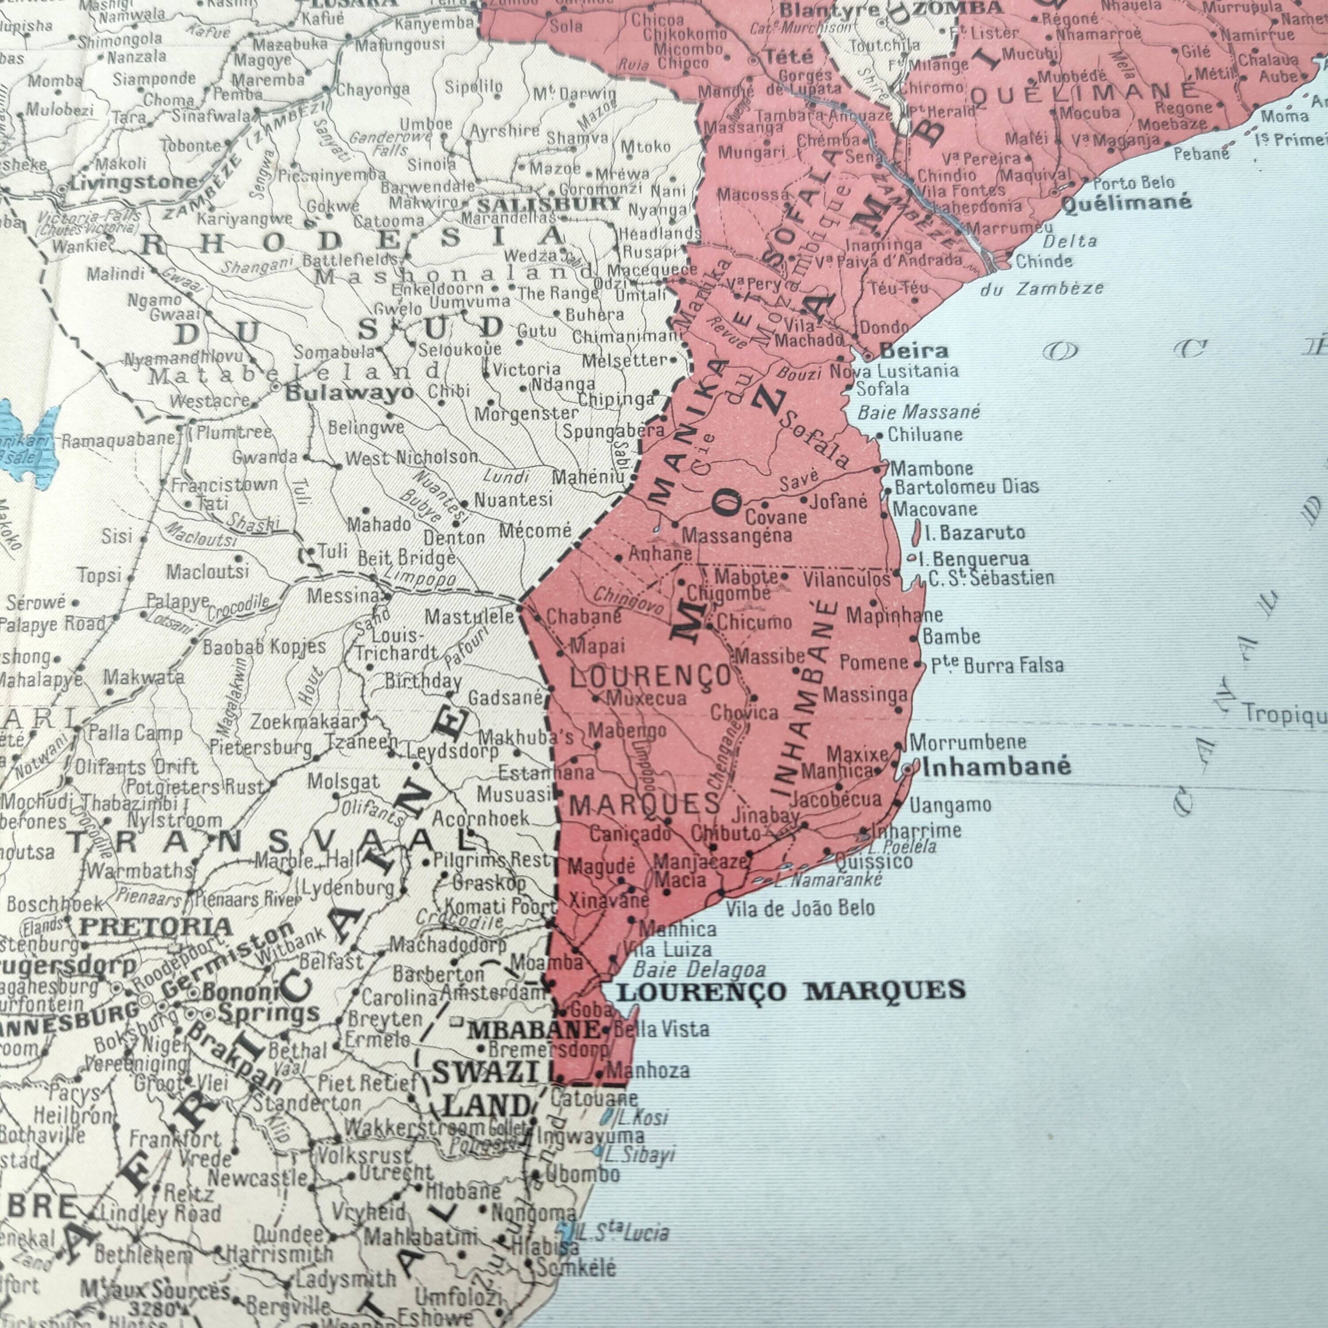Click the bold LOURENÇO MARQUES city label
point(791,991)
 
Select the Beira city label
point(914,351)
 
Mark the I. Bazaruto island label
point(975,533)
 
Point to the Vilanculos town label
point(847,579)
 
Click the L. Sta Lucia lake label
point(622,1232)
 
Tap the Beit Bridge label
point(406,558)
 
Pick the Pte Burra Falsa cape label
point(997,665)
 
